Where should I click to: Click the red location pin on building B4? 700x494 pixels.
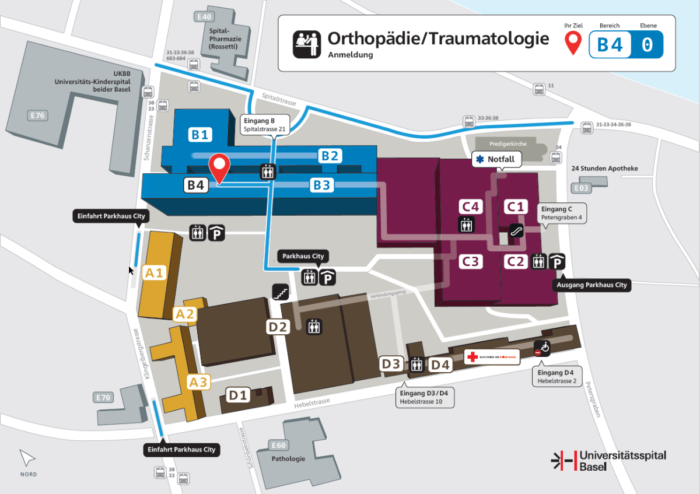click(220, 167)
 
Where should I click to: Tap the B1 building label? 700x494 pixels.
click(199, 135)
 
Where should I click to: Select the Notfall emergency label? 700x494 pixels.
click(496, 159)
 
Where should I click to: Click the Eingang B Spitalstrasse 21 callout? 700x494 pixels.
click(265, 125)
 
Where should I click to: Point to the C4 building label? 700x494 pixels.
click(470, 206)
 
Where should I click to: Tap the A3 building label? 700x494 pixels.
click(198, 383)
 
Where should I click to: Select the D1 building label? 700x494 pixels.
click(239, 395)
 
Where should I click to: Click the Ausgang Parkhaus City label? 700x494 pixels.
click(591, 285)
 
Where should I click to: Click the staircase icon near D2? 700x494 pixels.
click(281, 292)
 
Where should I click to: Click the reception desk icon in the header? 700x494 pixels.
click(306, 43)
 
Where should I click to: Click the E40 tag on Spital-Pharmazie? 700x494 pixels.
click(205, 17)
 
